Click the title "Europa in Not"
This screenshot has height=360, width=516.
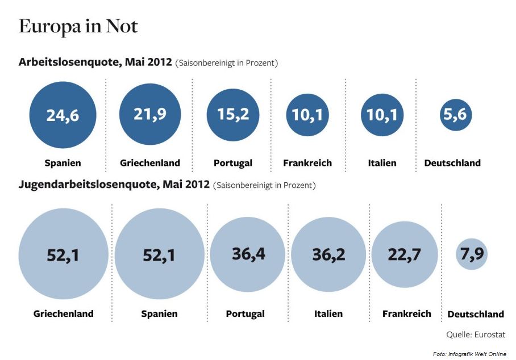point(78,27)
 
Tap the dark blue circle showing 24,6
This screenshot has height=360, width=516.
point(63,115)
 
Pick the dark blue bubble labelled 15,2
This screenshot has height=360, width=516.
point(233,115)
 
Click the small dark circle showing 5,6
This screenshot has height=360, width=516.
point(456,115)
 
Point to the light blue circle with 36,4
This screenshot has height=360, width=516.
point(248,253)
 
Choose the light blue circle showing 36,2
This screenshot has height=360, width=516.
point(328,254)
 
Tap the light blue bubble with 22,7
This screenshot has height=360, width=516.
point(405,254)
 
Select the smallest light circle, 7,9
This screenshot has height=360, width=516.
point(472,254)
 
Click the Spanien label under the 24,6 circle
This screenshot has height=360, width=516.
point(63,164)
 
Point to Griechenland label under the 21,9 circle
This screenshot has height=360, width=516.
point(150,164)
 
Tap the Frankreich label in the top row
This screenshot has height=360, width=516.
point(307,164)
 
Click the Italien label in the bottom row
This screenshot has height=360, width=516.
point(328,313)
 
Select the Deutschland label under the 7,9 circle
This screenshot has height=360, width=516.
point(476,314)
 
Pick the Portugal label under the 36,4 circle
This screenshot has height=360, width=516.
point(245,314)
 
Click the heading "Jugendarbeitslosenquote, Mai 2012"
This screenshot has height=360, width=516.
point(114,185)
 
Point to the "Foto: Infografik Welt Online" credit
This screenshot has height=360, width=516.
point(469,354)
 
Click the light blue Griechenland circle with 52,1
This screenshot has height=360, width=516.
point(63,254)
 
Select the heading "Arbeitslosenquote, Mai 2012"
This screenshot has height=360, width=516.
point(95,62)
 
